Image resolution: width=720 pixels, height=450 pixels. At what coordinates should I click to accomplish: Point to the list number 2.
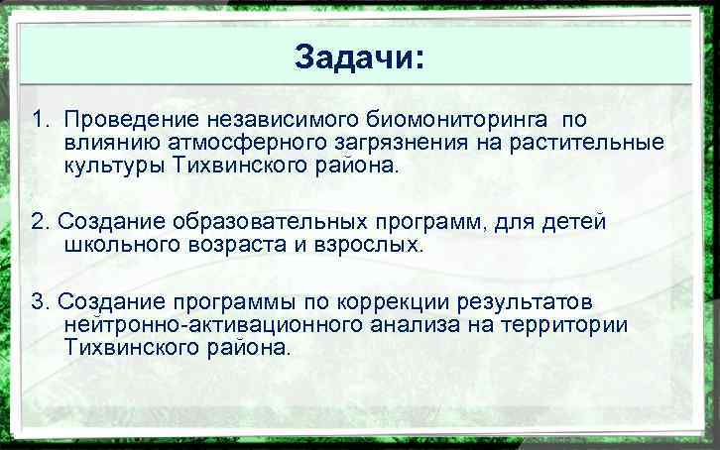39,221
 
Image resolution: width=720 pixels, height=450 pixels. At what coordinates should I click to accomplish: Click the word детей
572,221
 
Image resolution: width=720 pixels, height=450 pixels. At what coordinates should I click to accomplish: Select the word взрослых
371,244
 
